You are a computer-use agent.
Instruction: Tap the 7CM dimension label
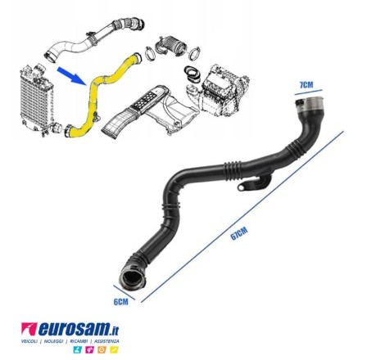[306, 85]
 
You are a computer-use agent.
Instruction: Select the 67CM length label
[239, 233]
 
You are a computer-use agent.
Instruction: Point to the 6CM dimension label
[120, 302]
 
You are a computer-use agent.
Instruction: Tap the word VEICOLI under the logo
[29, 341]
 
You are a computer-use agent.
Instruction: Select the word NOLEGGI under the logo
[53, 341]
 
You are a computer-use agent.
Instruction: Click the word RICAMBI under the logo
[79, 341]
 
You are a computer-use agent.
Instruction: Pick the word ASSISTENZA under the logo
[106, 341]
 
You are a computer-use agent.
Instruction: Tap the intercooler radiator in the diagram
[35, 100]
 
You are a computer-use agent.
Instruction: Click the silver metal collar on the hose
[313, 104]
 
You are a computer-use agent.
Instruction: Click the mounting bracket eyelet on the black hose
[242, 187]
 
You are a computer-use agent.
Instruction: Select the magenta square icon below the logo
[89, 349]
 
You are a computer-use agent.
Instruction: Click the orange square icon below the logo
[102, 349]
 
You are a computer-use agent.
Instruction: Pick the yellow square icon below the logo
[114, 349]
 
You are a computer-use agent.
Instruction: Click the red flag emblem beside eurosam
[29, 329]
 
